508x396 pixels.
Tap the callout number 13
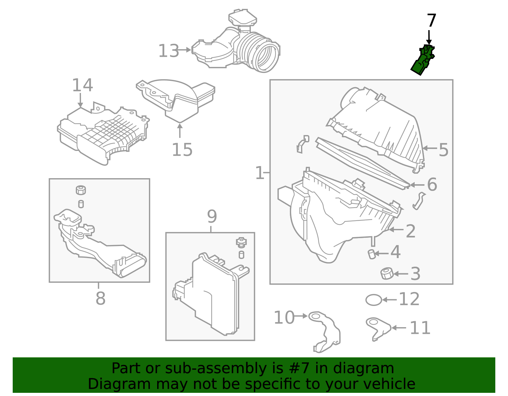pos(169,51)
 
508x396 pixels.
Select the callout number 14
pos(82,85)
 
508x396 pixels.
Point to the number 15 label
pos(182,150)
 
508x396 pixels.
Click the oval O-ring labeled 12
pos(373,300)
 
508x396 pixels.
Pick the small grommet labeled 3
pos(387,273)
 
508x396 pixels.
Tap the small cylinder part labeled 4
pos(371,254)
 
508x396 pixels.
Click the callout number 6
pos(432,185)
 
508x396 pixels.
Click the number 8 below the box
pos(100,298)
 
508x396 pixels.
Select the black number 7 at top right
pos(431,21)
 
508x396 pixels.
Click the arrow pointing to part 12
pos(389,299)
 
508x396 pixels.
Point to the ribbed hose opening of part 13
pos(267,57)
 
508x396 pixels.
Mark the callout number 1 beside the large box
pos(259,173)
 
